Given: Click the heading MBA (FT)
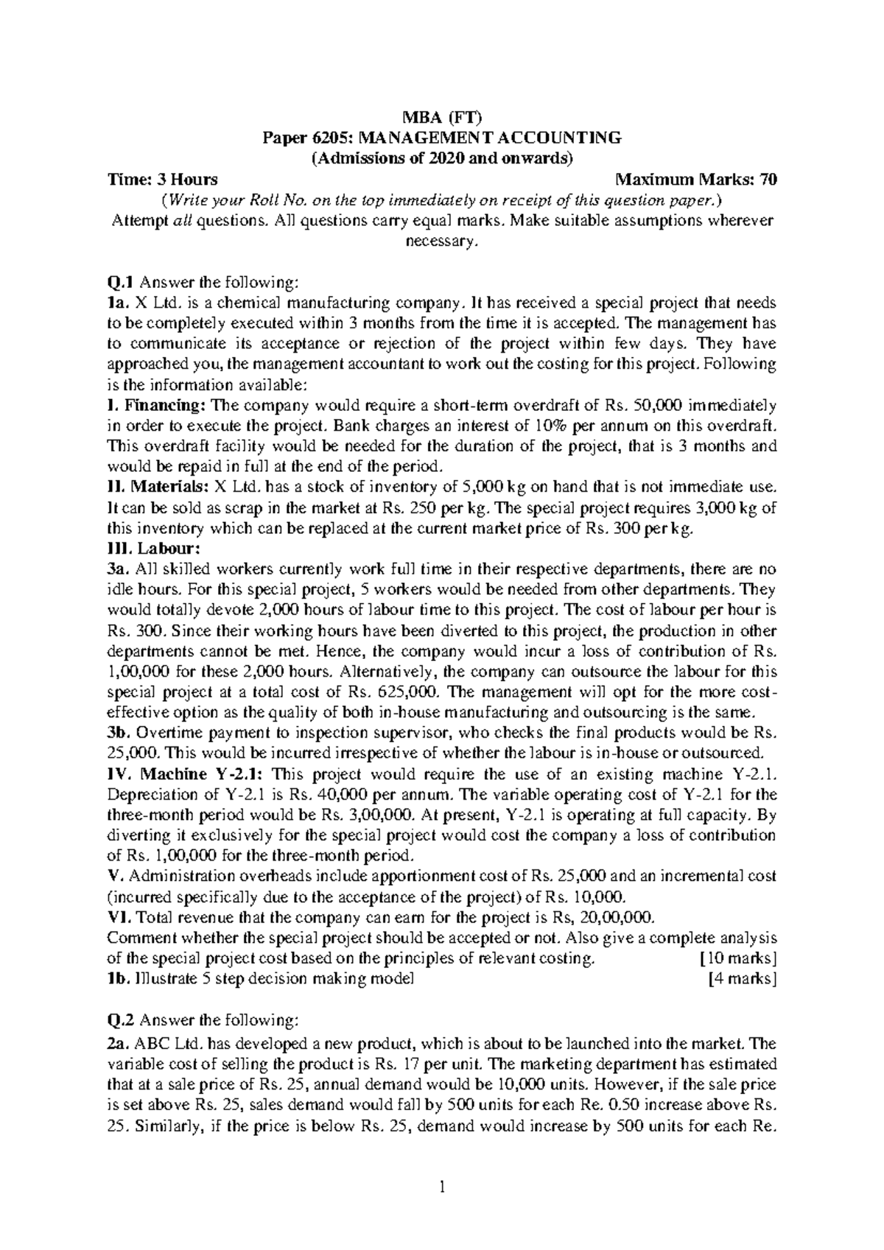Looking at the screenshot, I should [441, 116].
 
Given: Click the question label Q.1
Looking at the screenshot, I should [120, 281].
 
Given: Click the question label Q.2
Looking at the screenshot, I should [120, 1020].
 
